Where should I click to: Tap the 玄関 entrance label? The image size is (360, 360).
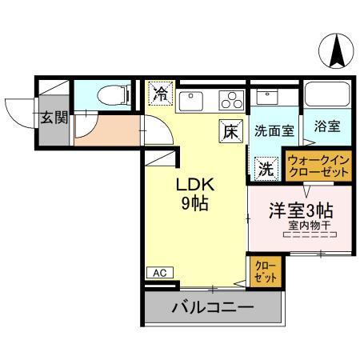pos(54,118)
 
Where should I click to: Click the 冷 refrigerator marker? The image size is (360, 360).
pos(160,94)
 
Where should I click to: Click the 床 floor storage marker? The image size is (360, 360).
pos(230,130)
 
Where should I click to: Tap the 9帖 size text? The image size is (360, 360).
pos(194,203)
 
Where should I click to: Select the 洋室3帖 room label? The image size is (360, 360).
pos(300,210)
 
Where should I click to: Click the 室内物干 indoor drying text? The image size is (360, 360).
pos(309,226)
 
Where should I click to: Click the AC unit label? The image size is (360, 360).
pos(159,273)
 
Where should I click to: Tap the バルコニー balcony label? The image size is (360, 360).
pos(213,306)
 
